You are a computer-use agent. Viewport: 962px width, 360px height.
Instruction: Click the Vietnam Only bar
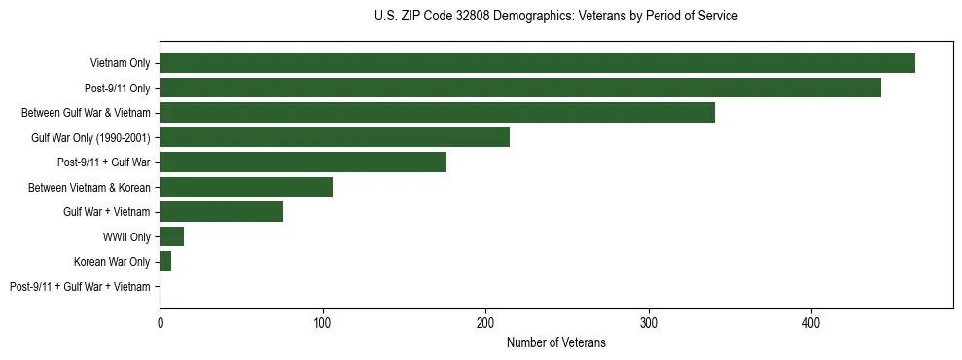click(x=537, y=63)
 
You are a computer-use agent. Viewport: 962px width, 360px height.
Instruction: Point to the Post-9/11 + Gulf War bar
click(x=303, y=162)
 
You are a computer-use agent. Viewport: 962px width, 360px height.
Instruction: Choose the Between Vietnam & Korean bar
click(x=246, y=187)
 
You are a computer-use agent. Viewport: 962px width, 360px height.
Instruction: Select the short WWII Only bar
click(x=171, y=236)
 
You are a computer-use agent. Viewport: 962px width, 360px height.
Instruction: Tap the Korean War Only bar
click(x=165, y=262)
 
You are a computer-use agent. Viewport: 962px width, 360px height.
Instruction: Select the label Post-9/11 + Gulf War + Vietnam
click(x=80, y=287)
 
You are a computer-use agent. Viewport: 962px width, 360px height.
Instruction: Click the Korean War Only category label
click(x=112, y=262)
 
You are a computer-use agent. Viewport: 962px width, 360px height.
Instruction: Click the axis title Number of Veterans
click(x=555, y=342)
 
